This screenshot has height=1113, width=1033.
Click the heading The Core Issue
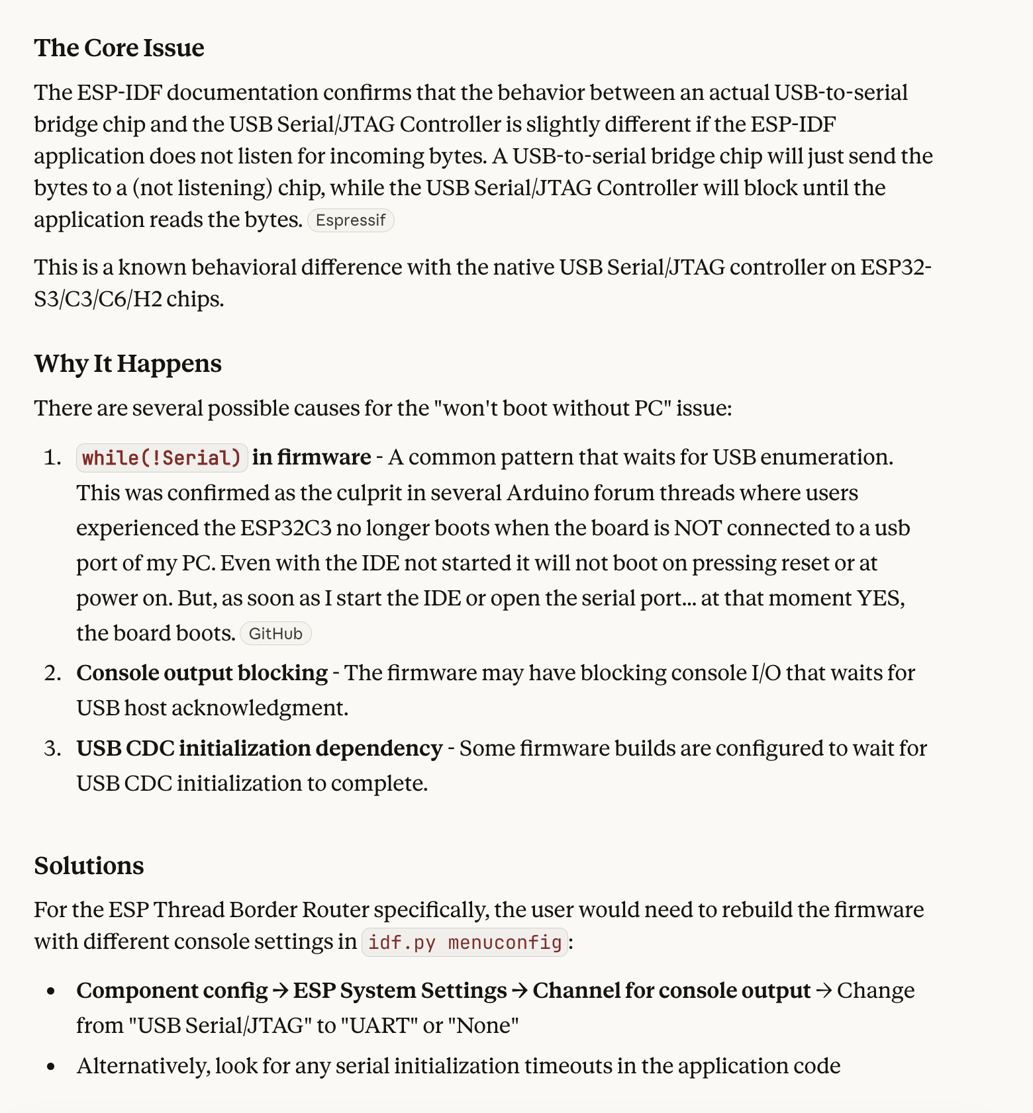(119, 48)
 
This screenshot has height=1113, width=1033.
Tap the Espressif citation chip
(350, 220)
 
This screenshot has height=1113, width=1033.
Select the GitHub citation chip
(275, 634)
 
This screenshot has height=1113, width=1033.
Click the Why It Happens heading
(128, 364)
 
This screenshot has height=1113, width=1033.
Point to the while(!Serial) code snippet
(162, 458)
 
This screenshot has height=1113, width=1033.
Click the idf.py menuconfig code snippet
(465, 942)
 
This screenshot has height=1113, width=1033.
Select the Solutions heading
(89, 866)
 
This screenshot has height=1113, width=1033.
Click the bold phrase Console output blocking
(202, 673)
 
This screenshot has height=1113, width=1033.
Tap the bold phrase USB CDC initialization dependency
(259, 748)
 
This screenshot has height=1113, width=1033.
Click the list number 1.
(52, 458)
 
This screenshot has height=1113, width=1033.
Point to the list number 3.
(52, 748)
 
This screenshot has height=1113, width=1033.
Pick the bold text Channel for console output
(671, 991)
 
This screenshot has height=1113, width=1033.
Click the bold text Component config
(172, 991)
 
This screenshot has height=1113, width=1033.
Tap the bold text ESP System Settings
(400, 991)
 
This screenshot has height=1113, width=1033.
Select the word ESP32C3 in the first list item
(285, 528)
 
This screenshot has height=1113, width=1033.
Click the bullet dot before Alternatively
(52, 1067)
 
